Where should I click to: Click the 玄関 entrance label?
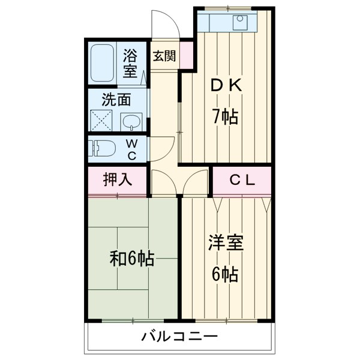(x=164, y=56)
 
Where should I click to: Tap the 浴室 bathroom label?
(x=131, y=64)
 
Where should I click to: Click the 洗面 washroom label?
(x=116, y=100)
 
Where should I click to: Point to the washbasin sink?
(x=131, y=122)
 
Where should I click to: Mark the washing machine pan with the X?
(x=102, y=120)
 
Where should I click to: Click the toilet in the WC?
(x=104, y=148)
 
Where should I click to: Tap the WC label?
(x=132, y=149)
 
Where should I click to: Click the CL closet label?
(x=242, y=179)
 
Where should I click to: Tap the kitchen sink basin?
(x=241, y=22)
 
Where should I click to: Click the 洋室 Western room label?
(x=226, y=245)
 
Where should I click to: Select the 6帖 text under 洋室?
(x=225, y=274)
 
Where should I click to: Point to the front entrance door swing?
(x=165, y=24)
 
